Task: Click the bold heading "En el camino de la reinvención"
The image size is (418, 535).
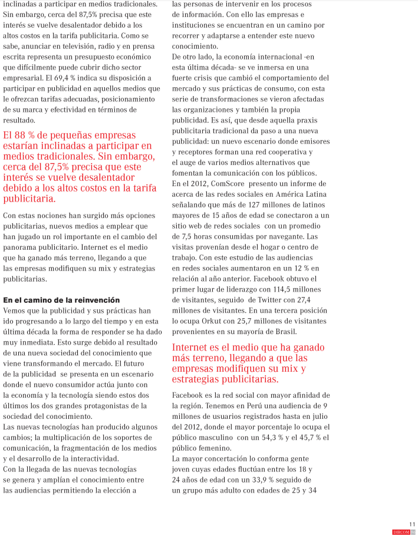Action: coord(61,300)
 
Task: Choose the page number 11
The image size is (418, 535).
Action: coord(412,524)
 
